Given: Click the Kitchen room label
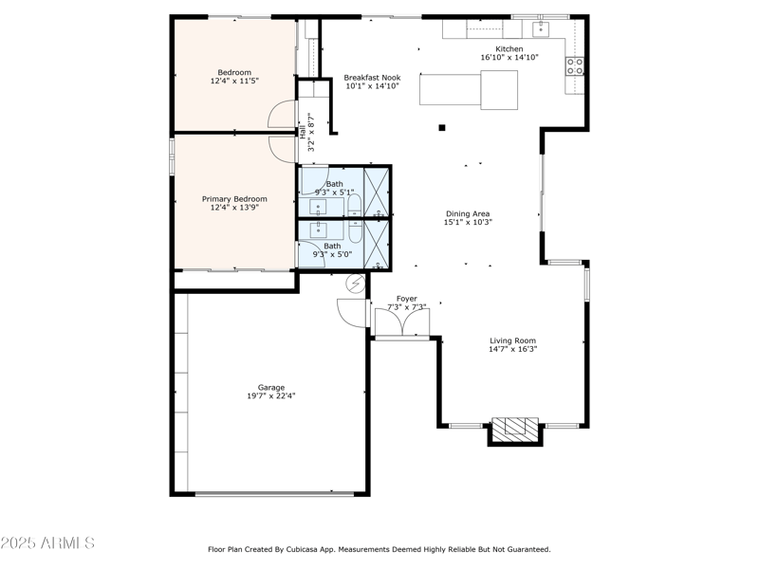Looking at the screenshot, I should [x=509, y=48].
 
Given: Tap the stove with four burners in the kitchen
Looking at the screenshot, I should [x=575, y=65].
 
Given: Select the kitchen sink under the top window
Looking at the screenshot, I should [x=541, y=29].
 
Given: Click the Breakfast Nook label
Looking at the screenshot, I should [x=372, y=77].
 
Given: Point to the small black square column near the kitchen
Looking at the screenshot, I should [x=441, y=127].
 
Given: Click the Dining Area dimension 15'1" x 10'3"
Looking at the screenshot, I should [x=467, y=224].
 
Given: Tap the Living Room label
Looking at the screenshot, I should [x=512, y=340].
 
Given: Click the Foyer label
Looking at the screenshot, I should [x=406, y=299].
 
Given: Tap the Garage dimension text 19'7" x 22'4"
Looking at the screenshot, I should [x=271, y=396].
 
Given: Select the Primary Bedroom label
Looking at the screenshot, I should [x=234, y=199].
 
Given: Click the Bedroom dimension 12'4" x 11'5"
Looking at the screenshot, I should [x=234, y=82].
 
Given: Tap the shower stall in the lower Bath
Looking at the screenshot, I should [x=377, y=246].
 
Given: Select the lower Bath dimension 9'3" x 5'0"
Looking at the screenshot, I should [x=333, y=254].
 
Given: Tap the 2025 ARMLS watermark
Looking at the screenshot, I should [x=47, y=543].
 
